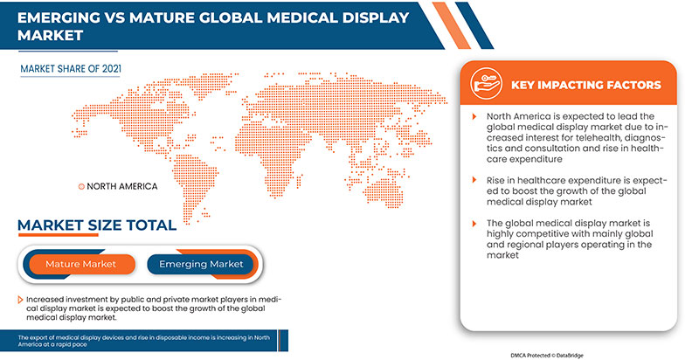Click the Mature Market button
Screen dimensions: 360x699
tap(80, 264)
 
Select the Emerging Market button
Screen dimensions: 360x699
tap(201, 264)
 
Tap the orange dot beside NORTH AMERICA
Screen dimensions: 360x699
tap(81, 186)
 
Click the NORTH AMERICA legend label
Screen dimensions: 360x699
tap(122, 186)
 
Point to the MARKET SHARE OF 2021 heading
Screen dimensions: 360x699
tap(71, 66)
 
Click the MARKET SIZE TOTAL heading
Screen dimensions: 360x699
tap(97, 225)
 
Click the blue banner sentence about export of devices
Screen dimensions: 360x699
tap(166, 340)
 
